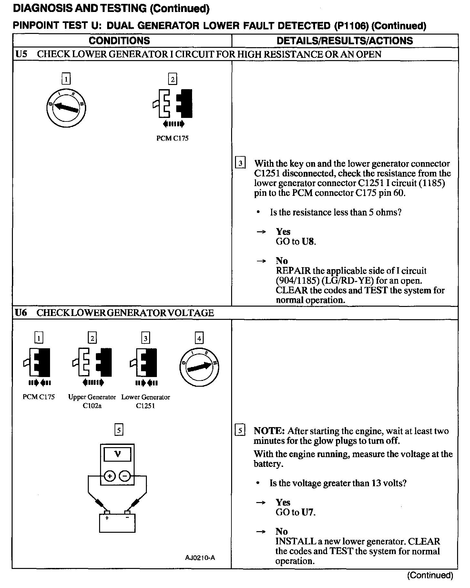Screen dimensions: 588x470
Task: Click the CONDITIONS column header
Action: point(119,41)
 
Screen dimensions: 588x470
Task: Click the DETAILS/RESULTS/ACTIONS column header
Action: point(344,41)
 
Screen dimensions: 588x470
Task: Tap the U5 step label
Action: point(21,54)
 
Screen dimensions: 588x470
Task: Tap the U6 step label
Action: point(21,313)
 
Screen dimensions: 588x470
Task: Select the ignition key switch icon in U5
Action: point(66,108)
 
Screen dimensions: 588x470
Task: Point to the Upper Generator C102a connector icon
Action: point(92,362)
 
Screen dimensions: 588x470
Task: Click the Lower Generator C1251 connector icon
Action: point(146,362)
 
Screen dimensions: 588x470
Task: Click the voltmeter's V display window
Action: point(117,454)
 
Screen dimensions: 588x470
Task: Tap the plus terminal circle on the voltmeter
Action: point(110,476)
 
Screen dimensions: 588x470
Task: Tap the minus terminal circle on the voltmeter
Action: point(125,476)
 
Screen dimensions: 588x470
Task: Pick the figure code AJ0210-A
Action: point(200,558)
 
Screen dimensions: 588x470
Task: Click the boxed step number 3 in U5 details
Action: point(240,163)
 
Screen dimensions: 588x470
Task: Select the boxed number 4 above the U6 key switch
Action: point(199,338)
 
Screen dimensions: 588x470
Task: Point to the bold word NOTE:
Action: point(269,431)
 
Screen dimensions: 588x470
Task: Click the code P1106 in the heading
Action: point(352,26)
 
